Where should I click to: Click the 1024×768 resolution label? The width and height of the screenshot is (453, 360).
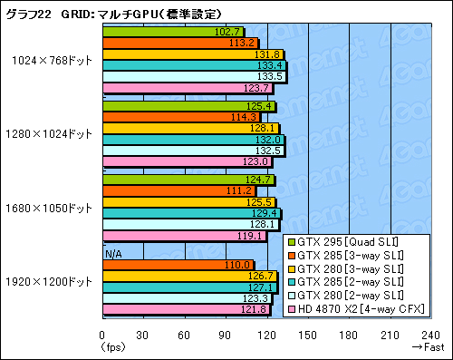pyautogui.click(x=49, y=60)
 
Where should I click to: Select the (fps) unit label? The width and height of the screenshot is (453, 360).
pyautogui.click(x=112, y=345)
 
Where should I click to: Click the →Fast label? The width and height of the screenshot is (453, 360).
pyautogui.click(x=427, y=345)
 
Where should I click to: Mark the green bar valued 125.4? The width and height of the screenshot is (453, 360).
pyautogui.click(x=189, y=106)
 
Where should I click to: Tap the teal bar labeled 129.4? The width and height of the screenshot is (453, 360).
pyautogui.click(x=192, y=213)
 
